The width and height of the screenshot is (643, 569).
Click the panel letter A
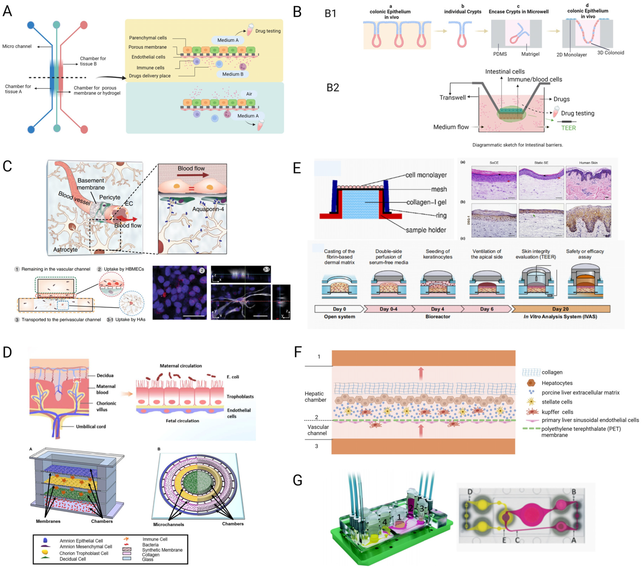coord(7,11)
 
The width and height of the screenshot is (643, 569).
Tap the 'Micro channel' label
coord(17,46)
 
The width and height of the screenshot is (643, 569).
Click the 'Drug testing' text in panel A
coord(268,31)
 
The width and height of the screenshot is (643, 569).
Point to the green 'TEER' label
coord(568,128)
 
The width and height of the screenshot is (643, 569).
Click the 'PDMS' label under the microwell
coord(500,54)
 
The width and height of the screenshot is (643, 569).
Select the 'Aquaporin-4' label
coord(208,209)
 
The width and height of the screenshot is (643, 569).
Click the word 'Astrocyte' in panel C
coord(65,250)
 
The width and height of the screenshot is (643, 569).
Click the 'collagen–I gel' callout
coord(426,202)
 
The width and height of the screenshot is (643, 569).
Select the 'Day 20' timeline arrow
coord(560,309)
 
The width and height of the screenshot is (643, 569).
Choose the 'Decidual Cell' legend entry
coord(73,559)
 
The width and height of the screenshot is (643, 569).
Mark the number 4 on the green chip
coord(384,522)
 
